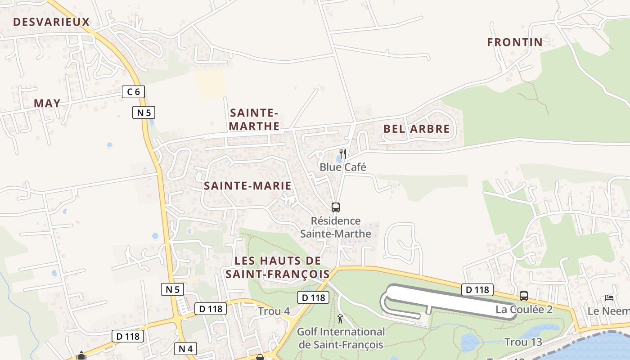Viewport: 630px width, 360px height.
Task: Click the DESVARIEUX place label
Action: (51, 22)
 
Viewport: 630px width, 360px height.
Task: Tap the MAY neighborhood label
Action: (47, 103)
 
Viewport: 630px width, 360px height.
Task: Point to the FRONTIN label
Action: (515, 42)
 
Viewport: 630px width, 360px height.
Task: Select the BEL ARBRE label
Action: (416, 129)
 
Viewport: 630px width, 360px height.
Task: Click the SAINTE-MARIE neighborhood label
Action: (247, 186)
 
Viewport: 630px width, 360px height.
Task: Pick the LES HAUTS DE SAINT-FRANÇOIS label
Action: (278, 267)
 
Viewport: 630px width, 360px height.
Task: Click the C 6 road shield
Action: (133, 92)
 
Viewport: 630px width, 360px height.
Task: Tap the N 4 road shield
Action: (185, 348)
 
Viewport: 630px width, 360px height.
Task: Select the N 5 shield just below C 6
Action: (144, 112)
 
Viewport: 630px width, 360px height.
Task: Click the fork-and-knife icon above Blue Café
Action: (343, 154)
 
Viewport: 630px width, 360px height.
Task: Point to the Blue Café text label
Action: (343, 167)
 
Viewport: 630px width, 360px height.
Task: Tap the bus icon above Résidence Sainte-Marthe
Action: (336, 207)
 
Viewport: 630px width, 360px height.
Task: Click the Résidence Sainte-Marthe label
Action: (336, 227)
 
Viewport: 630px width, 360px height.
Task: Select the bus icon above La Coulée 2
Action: (524, 296)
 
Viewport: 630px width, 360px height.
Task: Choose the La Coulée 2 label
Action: (524, 310)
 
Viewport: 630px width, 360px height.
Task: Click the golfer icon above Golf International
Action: (340, 319)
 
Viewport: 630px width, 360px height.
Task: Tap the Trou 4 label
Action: (274, 311)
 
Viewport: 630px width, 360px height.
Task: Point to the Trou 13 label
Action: (523, 342)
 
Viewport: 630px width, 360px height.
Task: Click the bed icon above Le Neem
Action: (609, 298)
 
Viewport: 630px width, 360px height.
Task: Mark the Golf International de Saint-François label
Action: (341, 338)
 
